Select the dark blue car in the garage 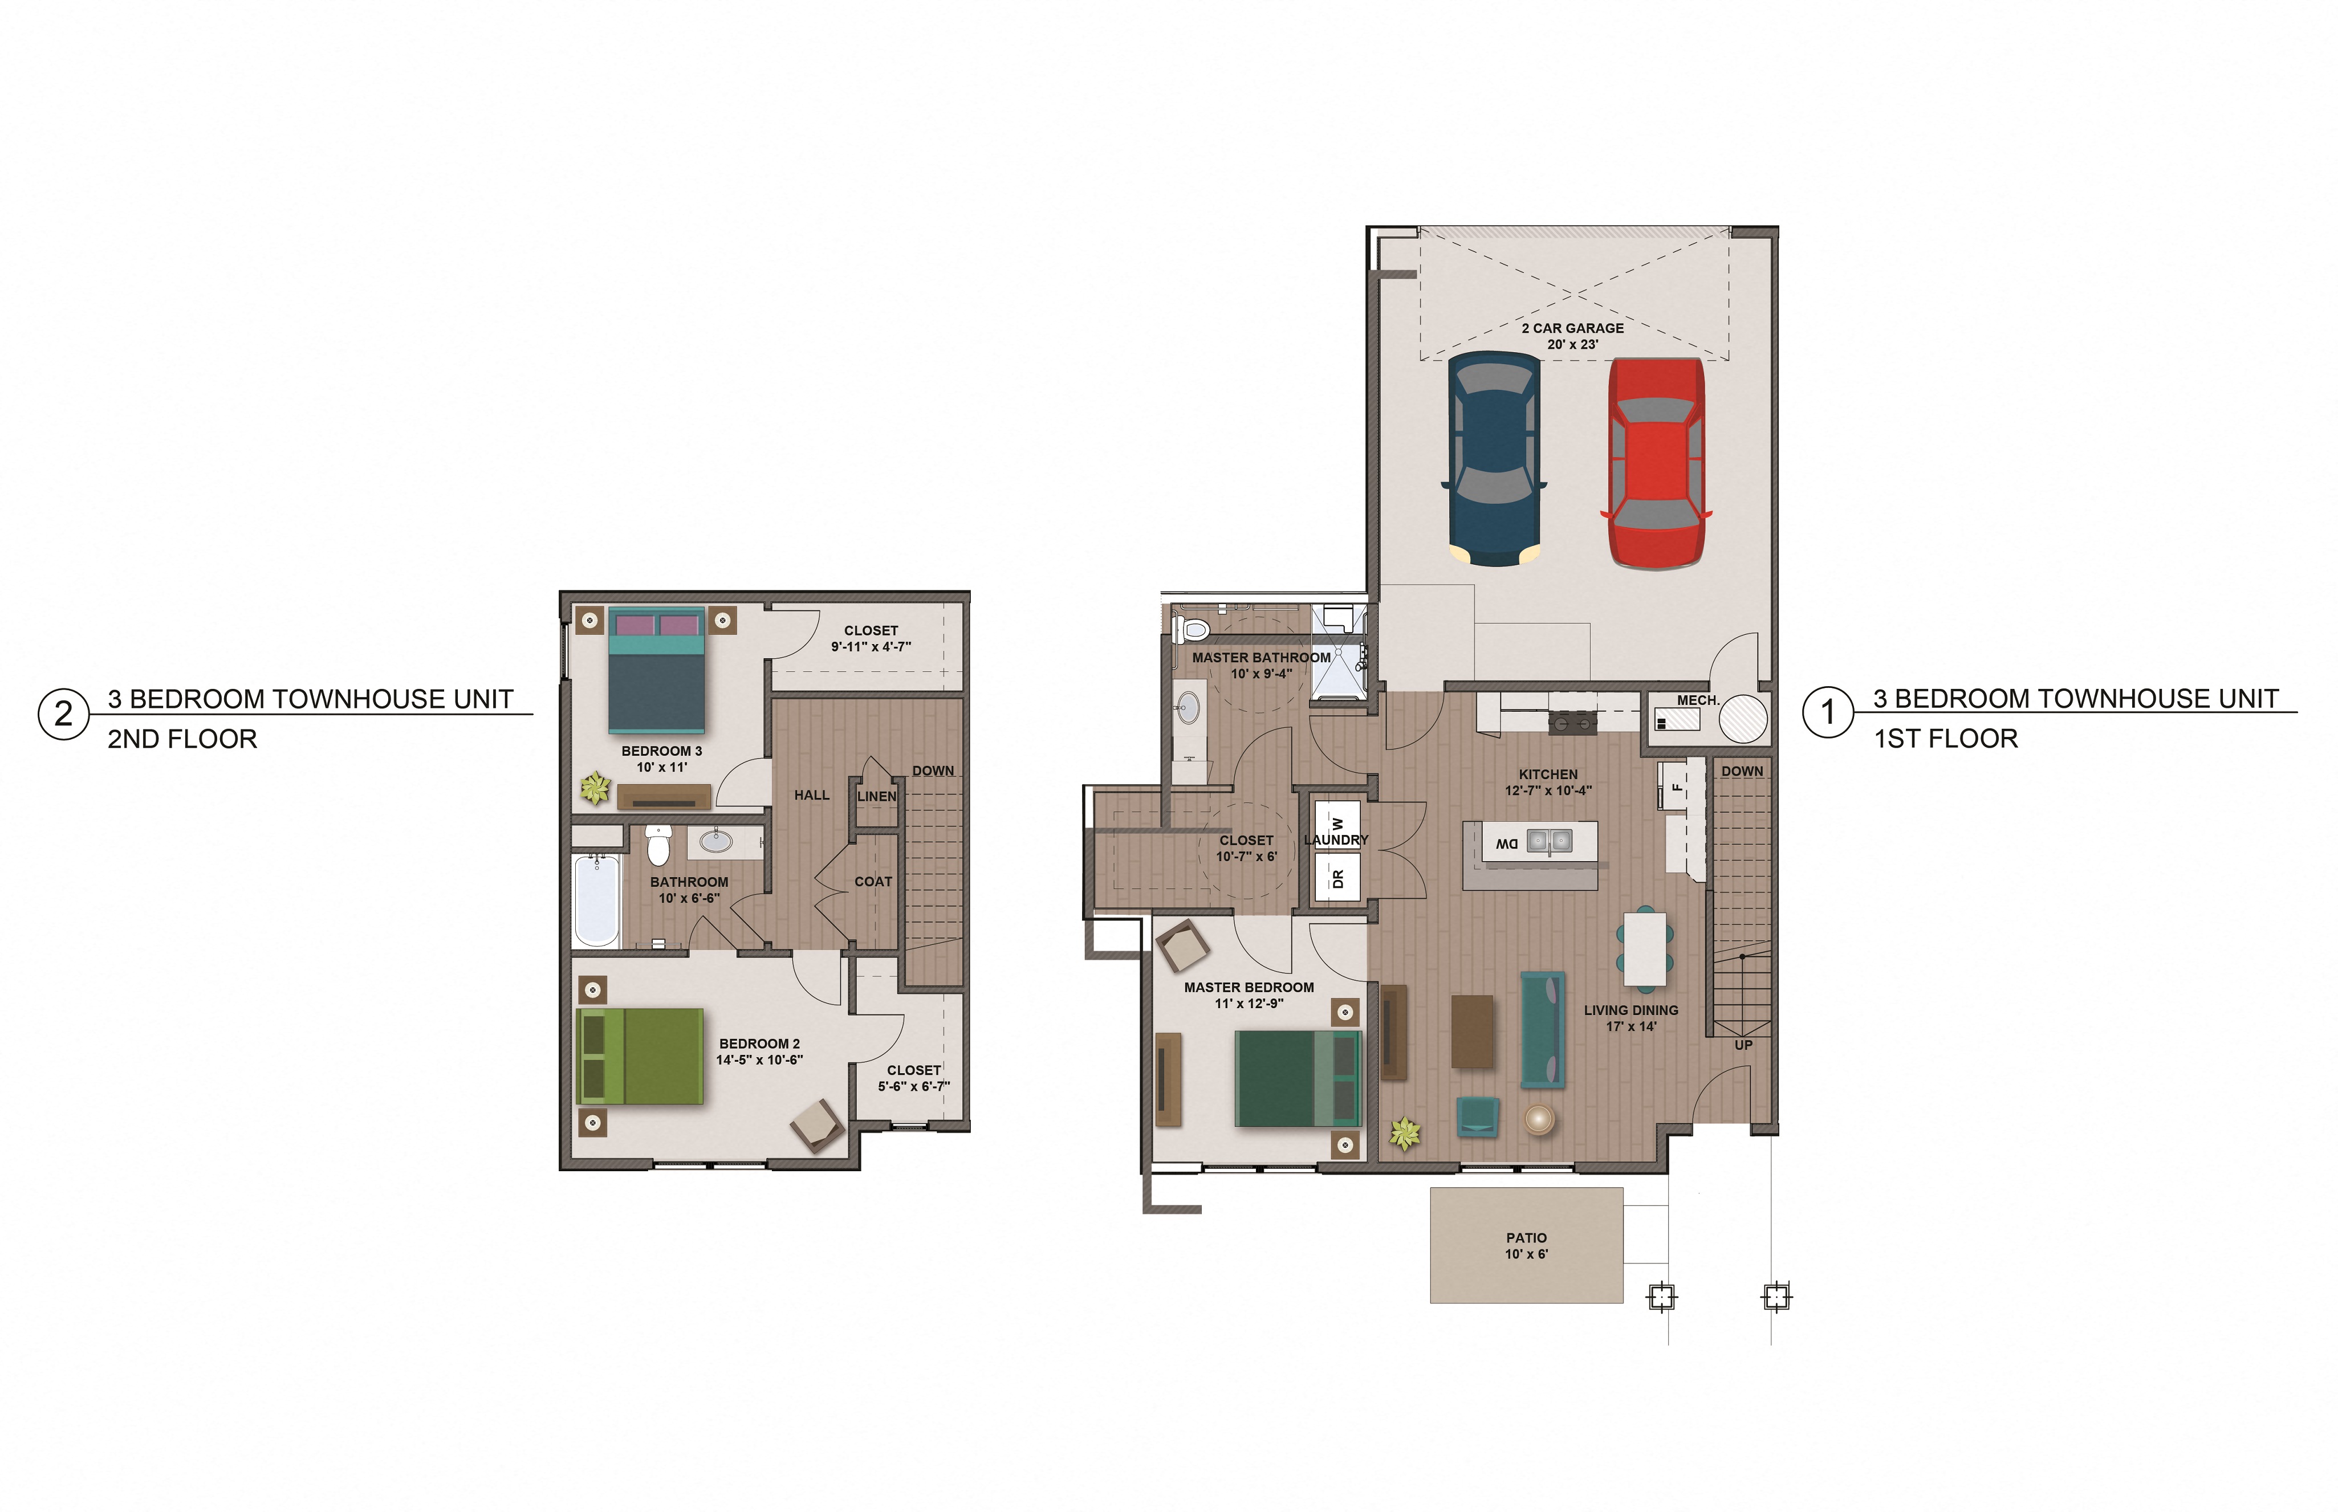point(1494,459)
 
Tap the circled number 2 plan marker point(63,714)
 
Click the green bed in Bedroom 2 point(640,1055)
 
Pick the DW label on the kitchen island point(1506,843)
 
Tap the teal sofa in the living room point(1542,1029)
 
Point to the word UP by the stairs point(1743,1045)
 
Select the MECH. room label point(1697,700)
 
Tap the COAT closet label point(873,882)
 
